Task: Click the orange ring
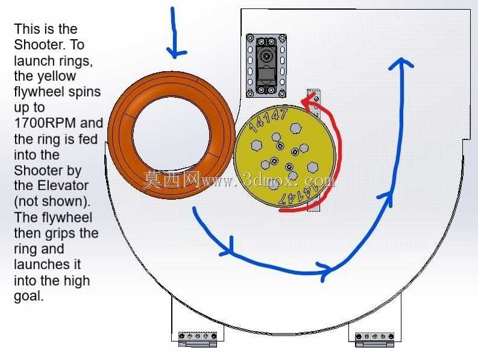122,135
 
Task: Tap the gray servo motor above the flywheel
266,66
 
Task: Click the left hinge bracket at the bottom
198,339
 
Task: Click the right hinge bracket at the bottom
375,340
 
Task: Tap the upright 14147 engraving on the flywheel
268,119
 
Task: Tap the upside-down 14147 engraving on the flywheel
298,195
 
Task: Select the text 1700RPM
45,123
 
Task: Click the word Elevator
63,186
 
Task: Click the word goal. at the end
29,296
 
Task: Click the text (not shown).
52,202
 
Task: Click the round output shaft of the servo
267,56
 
